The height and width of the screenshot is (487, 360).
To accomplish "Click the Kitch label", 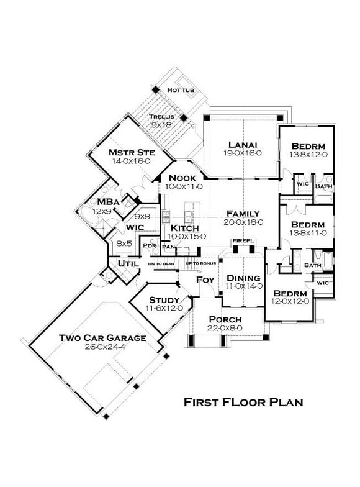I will point(185,228).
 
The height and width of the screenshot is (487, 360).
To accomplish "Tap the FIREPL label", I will point(241,240).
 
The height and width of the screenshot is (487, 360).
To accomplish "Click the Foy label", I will point(205,280).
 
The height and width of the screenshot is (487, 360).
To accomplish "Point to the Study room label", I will point(164,300).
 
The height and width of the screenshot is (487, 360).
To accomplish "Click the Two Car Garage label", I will point(103,338).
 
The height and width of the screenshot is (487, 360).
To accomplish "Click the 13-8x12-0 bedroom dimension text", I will point(309,155).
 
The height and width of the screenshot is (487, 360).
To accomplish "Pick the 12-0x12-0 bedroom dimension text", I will point(290,301).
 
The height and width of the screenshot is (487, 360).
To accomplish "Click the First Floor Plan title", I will point(243,402).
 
